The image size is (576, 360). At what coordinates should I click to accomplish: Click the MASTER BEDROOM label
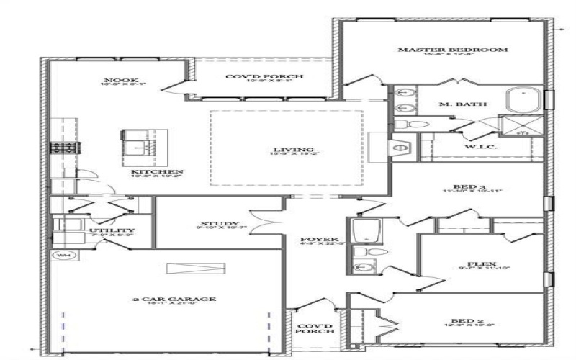tap(454, 50)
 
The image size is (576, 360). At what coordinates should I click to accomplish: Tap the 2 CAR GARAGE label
tap(174, 299)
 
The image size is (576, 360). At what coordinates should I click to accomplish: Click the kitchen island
tap(143, 143)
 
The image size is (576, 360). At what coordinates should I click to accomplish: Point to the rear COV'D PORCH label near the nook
tap(264, 76)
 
